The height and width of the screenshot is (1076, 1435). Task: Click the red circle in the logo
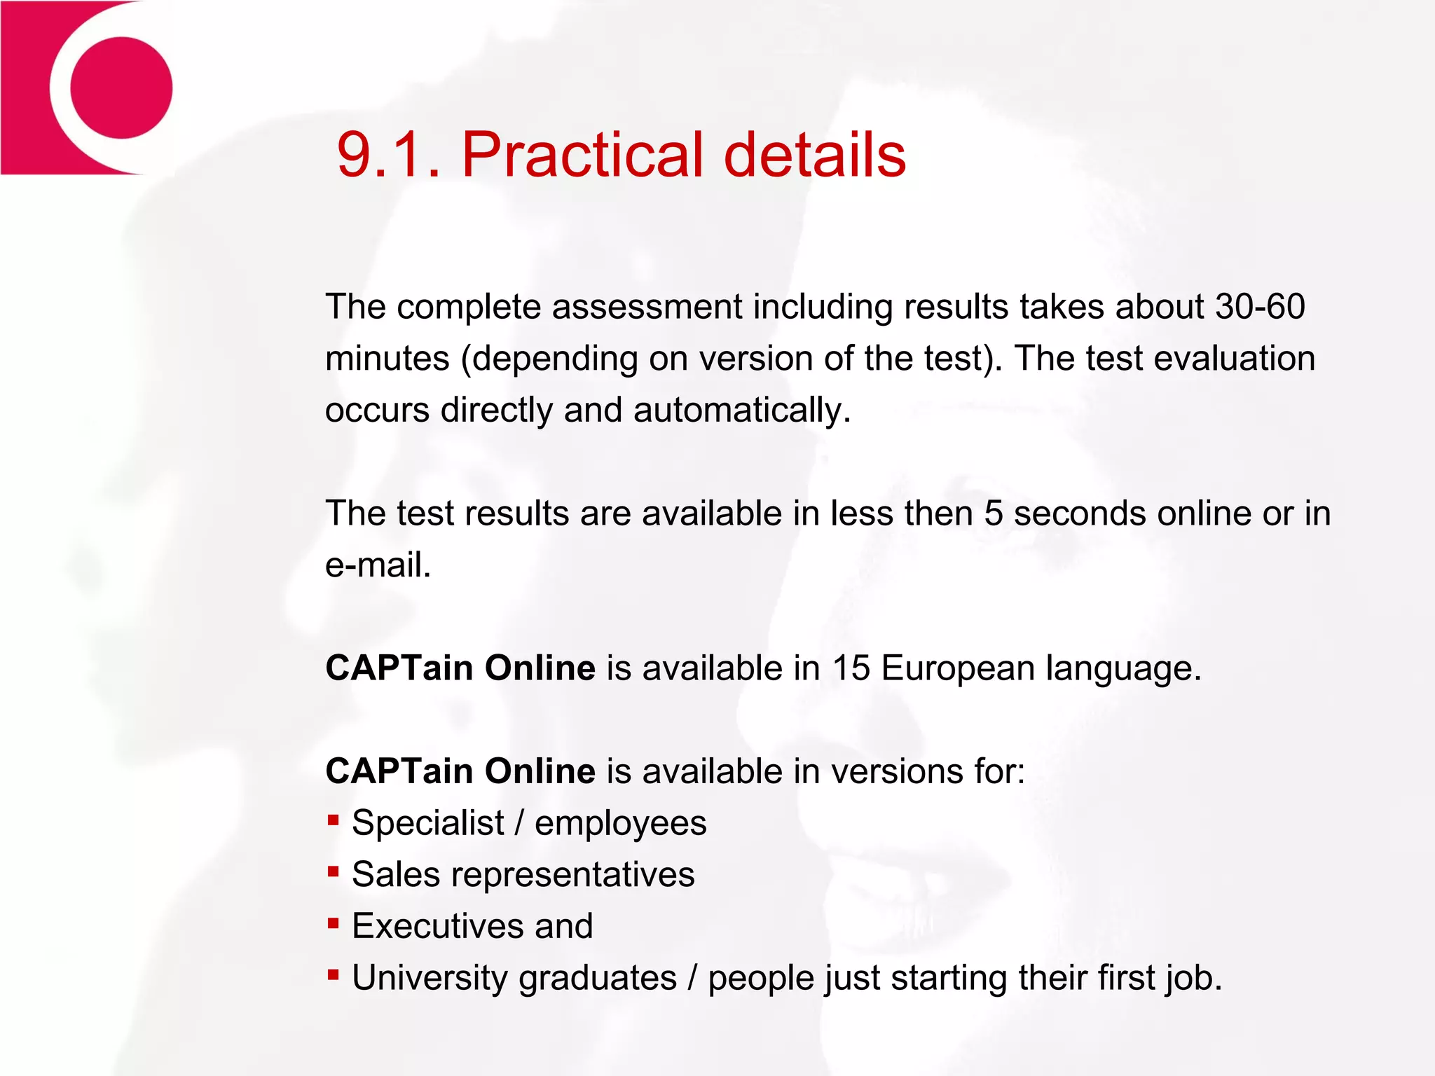click(x=121, y=88)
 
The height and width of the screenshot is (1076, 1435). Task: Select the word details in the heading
click(x=815, y=155)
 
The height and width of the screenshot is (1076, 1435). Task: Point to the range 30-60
click(x=1260, y=307)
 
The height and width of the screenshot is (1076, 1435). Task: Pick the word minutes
click(x=387, y=359)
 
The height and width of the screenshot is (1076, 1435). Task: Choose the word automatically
click(x=742, y=410)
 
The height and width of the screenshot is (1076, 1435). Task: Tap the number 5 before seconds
click(x=994, y=513)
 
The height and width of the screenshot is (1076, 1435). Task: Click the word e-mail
click(x=378, y=565)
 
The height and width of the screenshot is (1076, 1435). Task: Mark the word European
click(x=958, y=668)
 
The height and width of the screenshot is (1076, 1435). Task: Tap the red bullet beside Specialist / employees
click(x=334, y=820)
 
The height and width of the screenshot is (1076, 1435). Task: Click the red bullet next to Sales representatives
click(x=334, y=871)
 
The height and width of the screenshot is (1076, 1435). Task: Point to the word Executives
click(x=438, y=926)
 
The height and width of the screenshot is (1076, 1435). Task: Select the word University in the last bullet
click(x=430, y=978)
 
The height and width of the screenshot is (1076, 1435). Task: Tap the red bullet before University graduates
click(x=334, y=974)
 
